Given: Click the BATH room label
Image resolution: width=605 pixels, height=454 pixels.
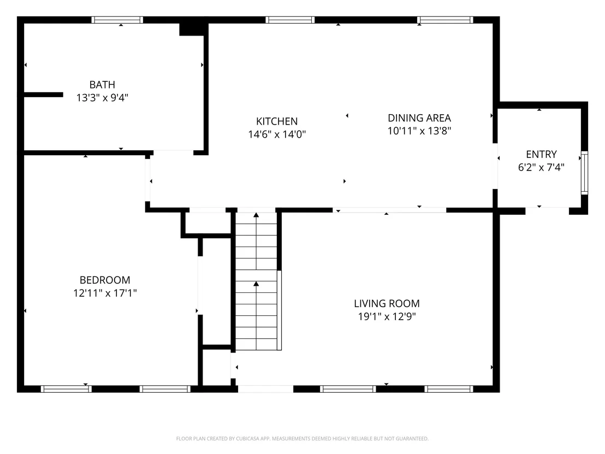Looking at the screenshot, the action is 102,85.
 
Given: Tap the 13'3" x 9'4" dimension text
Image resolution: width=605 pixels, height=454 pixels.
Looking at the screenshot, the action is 102,98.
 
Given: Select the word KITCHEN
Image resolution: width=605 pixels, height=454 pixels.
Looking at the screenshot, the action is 277,121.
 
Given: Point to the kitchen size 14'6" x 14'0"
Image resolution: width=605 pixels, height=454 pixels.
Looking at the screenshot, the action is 277,134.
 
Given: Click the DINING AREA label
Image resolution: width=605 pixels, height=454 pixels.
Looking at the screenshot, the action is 419,118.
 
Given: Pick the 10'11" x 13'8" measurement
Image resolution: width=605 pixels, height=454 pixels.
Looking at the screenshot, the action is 419,131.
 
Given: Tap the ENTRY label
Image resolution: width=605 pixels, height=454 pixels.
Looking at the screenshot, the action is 541,155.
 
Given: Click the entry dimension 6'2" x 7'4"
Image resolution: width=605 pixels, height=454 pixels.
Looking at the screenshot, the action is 541,167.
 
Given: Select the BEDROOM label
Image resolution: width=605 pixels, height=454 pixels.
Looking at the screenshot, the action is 105,280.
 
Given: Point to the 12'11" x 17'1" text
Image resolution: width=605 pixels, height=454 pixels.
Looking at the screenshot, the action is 105,293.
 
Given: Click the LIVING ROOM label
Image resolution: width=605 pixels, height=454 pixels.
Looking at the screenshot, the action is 387,303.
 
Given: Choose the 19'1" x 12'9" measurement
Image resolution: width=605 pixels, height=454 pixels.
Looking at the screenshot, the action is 387,316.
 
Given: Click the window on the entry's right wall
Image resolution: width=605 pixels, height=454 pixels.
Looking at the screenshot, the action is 585,173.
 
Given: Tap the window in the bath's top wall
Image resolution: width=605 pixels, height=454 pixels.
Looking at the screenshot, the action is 117,20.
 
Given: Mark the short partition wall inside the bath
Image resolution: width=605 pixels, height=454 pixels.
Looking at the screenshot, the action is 43,95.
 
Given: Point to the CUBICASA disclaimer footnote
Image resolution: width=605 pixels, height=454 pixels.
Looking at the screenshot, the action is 302,439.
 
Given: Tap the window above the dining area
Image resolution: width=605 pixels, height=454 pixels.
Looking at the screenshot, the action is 445,20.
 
